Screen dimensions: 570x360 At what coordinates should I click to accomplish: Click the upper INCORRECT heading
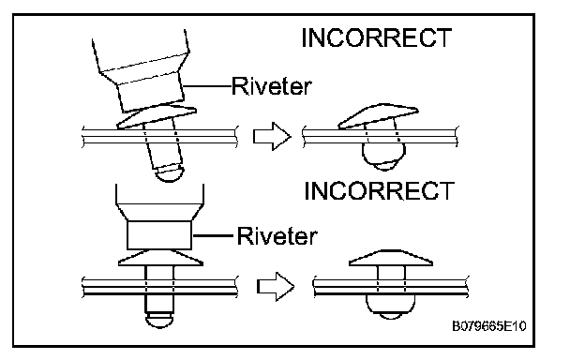(x=377, y=37)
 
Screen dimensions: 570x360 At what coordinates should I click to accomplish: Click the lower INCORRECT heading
(x=379, y=190)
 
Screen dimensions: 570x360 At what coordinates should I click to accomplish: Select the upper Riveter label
(x=272, y=86)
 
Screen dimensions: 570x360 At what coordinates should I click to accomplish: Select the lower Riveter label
(x=277, y=235)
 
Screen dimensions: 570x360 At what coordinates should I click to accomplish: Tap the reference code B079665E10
(x=489, y=326)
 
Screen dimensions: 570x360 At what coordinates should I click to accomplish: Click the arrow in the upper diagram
(x=272, y=136)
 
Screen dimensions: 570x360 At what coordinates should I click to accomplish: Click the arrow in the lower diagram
(x=276, y=287)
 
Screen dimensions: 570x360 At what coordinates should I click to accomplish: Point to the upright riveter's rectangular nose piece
(x=159, y=235)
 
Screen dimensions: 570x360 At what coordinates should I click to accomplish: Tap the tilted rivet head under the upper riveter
(x=157, y=117)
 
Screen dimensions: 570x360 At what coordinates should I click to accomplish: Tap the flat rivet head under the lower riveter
(x=160, y=258)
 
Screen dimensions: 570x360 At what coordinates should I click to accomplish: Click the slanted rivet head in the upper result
(x=378, y=116)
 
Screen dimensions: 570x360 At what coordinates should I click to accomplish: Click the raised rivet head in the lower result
(x=391, y=258)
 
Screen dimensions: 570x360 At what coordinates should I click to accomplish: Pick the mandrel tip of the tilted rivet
(x=170, y=173)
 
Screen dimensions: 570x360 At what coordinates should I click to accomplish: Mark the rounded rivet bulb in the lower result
(x=390, y=307)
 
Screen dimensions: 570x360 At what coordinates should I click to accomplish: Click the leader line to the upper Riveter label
(x=207, y=86)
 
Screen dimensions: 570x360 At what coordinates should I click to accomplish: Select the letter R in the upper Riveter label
(x=239, y=86)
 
